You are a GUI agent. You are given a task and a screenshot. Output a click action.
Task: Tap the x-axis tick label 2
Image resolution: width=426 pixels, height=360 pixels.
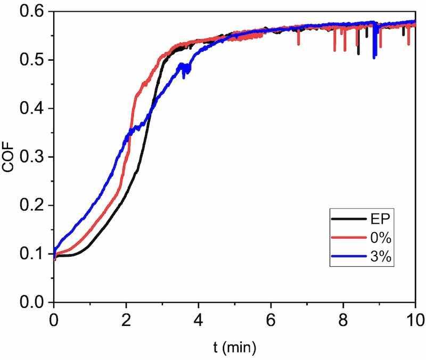point(126,321)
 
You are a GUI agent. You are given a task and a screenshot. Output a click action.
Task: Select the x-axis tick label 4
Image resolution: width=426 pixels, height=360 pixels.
point(199,321)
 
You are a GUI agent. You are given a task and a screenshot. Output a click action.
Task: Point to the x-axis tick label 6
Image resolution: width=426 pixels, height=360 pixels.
point(271,321)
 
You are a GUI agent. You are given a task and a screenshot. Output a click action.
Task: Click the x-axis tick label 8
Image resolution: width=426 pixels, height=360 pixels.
point(343,321)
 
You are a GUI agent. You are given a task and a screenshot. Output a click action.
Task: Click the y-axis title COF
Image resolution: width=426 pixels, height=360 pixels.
point(9,157)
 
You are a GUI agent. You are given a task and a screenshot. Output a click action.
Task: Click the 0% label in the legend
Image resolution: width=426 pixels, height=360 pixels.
point(379,239)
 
